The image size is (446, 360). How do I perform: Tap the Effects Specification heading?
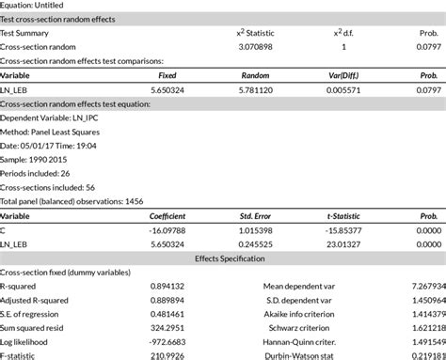[223, 257]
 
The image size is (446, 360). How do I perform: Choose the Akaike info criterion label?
[316, 312]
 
